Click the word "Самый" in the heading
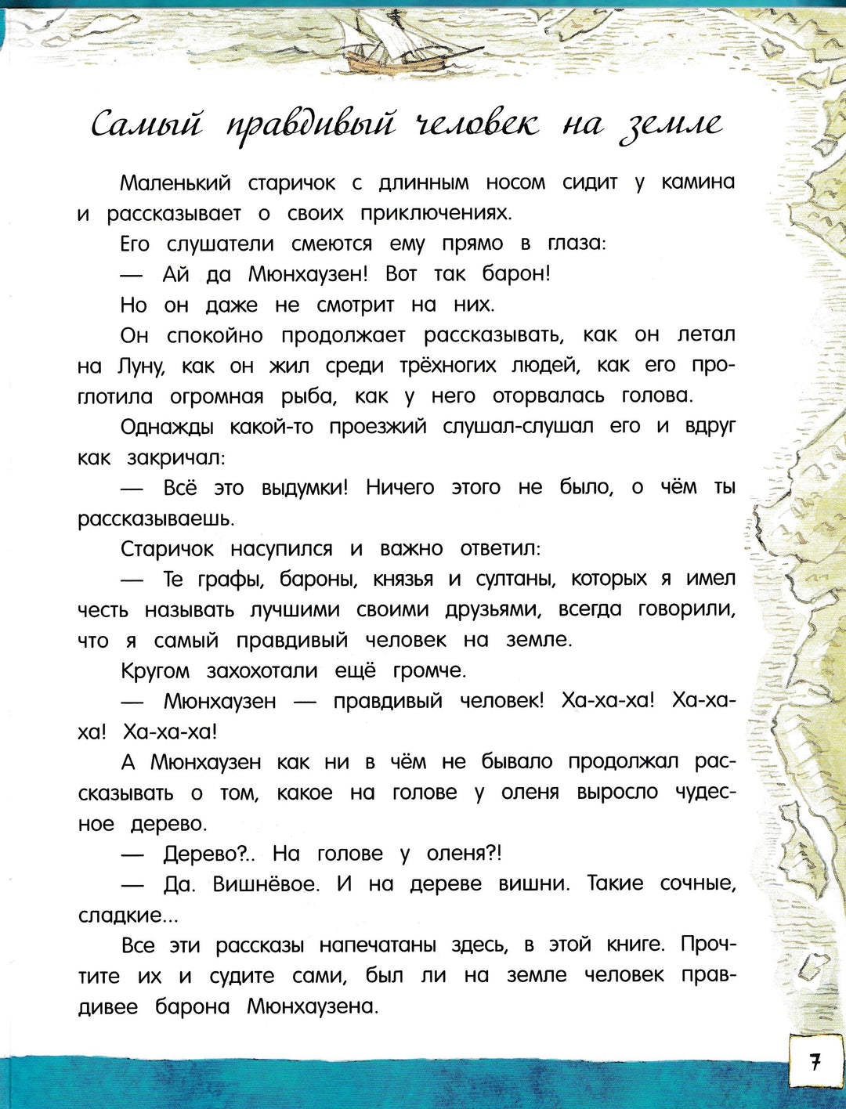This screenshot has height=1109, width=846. click(146, 125)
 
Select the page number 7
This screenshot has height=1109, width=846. click(815, 1062)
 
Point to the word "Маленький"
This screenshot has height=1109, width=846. click(175, 183)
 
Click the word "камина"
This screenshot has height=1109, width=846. click(698, 182)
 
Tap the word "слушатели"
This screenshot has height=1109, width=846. click(220, 244)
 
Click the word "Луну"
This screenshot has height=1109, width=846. click(141, 367)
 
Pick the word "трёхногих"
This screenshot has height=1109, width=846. click(448, 366)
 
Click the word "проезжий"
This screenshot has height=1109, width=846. click(378, 428)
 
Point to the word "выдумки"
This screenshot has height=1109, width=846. click(304, 489)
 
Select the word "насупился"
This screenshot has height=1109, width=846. click(281, 550)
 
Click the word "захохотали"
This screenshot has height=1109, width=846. click(262, 671)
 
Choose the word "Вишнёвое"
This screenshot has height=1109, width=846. click(266, 885)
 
